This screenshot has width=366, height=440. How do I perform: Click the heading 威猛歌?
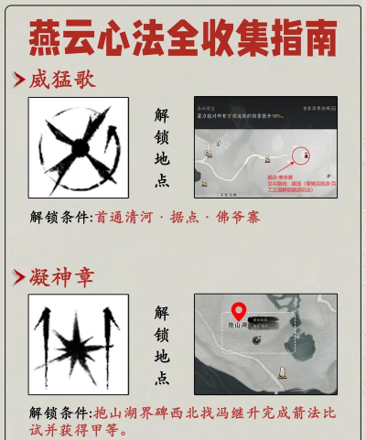[x=63, y=79]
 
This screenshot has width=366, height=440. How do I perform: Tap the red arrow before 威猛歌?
[x=18, y=80]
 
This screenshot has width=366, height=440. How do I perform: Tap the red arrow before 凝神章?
[x=18, y=275]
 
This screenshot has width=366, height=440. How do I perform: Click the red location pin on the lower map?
[x=240, y=313]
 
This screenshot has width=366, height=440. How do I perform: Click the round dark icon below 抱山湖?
[x=259, y=340]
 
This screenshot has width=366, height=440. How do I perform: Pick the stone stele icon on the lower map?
[x=282, y=370]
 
